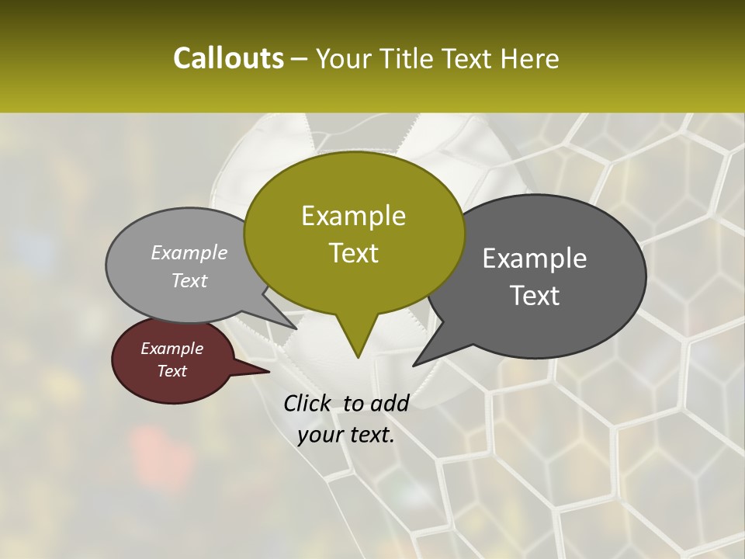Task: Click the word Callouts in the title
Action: pyautogui.click(x=228, y=58)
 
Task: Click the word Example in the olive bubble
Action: pyautogui.click(x=353, y=216)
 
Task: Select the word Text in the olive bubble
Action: pyautogui.click(x=353, y=253)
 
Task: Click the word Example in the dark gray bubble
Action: pyautogui.click(x=535, y=259)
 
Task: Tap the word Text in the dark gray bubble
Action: pyautogui.click(x=535, y=296)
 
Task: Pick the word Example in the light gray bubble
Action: pyautogui.click(x=189, y=252)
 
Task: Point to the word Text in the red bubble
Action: pyautogui.click(x=172, y=371)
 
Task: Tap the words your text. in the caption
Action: pyautogui.click(x=346, y=435)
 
